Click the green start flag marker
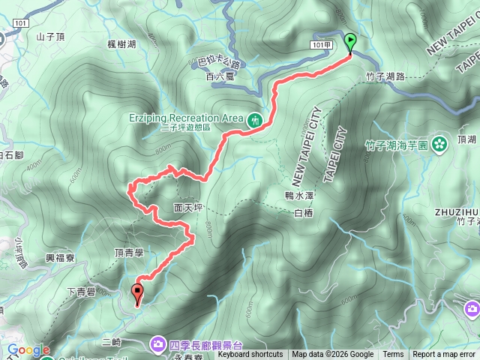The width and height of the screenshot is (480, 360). (350, 43)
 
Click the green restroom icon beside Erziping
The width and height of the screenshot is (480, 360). (254, 118)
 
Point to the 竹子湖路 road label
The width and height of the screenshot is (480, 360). (385, 76)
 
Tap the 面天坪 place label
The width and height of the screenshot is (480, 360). (187, 207)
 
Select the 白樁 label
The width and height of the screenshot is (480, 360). (303, 214)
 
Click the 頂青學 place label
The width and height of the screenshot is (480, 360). (128, 253)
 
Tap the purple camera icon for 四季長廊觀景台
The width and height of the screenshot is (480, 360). (159, 344)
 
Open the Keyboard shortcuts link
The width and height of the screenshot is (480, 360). (250, 355)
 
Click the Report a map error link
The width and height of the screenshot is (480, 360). (443, 355)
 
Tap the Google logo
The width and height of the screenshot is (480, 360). (28, 350)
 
